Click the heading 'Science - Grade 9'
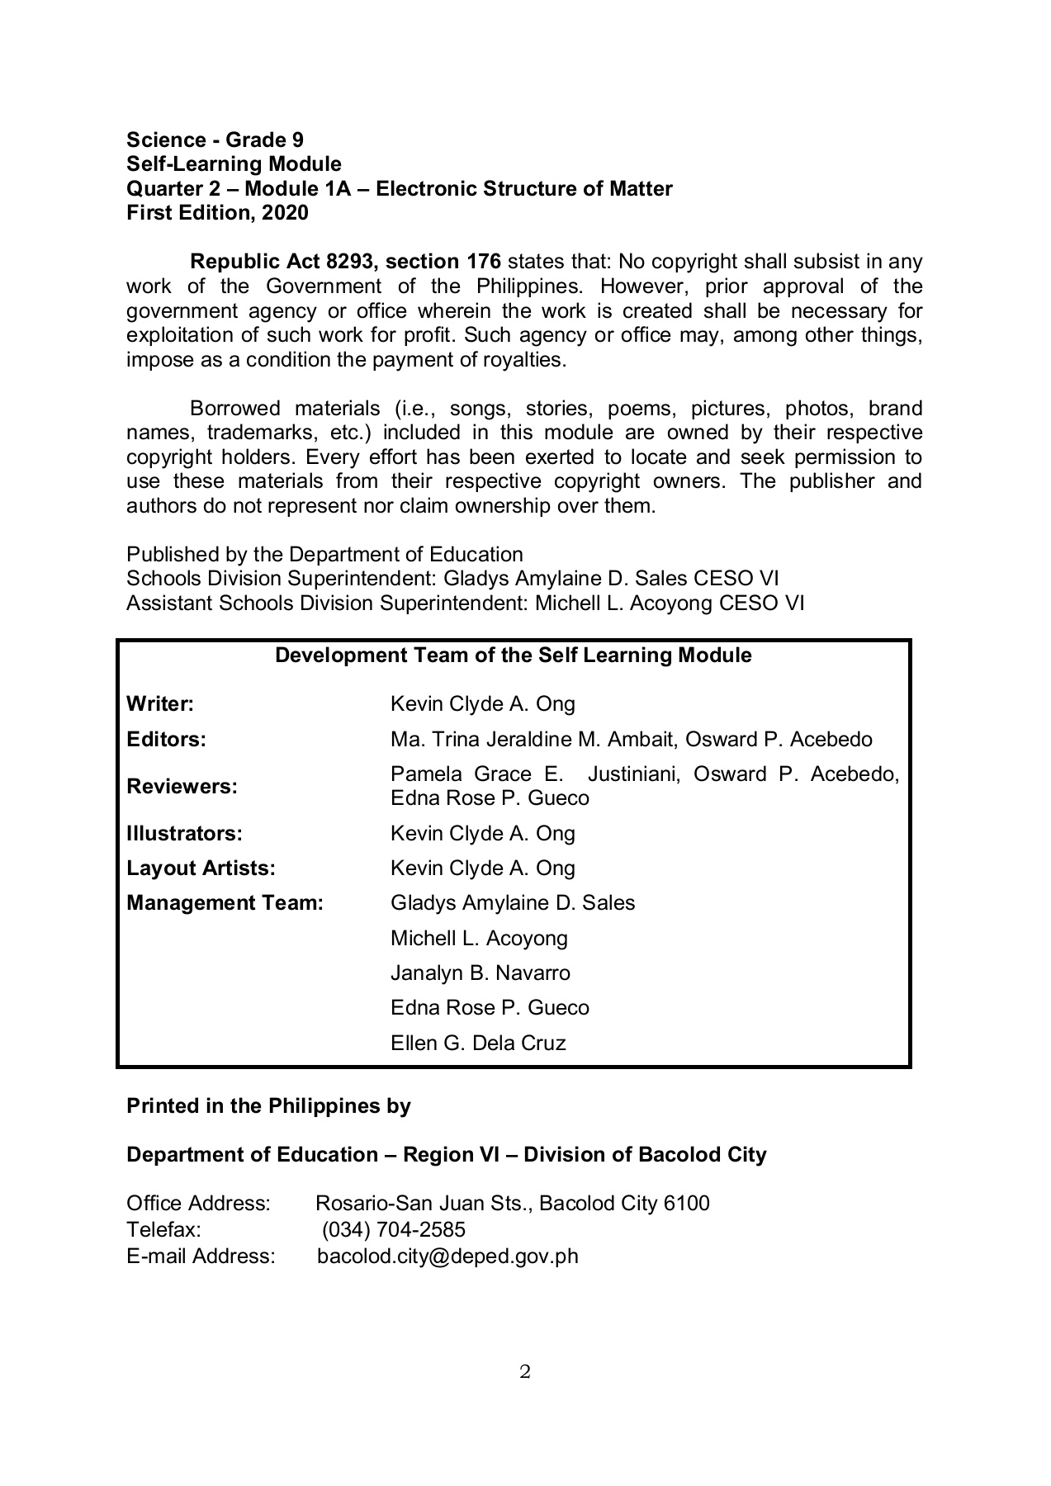point(215,140)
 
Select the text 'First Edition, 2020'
point(217,213)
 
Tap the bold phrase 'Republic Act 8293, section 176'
point(345,262)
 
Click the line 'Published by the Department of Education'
point(324,555)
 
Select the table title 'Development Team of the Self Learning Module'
point(513,655)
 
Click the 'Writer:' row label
point(160,704)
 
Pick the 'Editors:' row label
point(166,739)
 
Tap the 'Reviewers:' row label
point(182,787)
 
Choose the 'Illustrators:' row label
point(184,834)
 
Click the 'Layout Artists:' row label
point(201,868)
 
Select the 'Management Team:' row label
point(225,903)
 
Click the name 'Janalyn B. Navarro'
point(481,973)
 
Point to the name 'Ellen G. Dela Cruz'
point(478,1044)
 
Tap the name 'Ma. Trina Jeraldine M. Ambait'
point(533,739)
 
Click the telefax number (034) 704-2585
point(394,1230)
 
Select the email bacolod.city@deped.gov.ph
point(448,1256)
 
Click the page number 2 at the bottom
point(525,1372)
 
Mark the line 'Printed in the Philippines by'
point(268,1106)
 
